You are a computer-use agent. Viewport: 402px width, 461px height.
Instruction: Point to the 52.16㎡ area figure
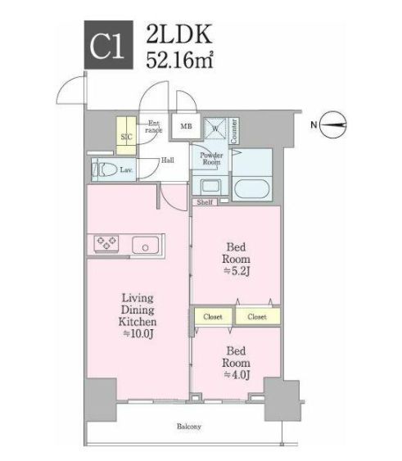[180, 60]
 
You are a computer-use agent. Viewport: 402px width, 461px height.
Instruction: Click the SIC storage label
[126, 137]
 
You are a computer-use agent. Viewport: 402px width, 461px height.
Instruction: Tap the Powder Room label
[211, 159]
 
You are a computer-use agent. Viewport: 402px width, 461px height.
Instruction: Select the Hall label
[167, 160]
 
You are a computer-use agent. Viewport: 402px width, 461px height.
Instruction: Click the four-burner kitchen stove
[106, 243]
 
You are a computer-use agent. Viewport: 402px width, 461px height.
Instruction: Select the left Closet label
[215, 315]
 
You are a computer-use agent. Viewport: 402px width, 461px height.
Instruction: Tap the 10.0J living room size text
[140, 334]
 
